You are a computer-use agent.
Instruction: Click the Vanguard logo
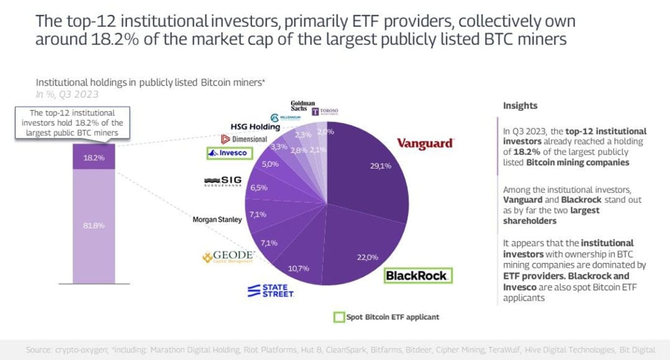pyautogui.click(x=424, y=143)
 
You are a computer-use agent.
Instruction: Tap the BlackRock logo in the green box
pyautogui.click(x=417, y=275)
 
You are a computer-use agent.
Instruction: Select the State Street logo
pyautogui.click(x=271, y=290)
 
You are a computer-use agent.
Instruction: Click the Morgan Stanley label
pyautogui.click(x=217, y=219)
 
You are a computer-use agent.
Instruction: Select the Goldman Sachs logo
pyautogui.click(x=303, y=107)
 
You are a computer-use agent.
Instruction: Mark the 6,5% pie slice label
pyautogui.click(x=258, y=188)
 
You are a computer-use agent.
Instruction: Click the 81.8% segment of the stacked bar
pyautogui.click(x=94, y=225)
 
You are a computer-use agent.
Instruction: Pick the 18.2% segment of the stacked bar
pyautogui.click(x=94, y=158)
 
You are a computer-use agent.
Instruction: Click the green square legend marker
pyautogui.click(x=338, y=317)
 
